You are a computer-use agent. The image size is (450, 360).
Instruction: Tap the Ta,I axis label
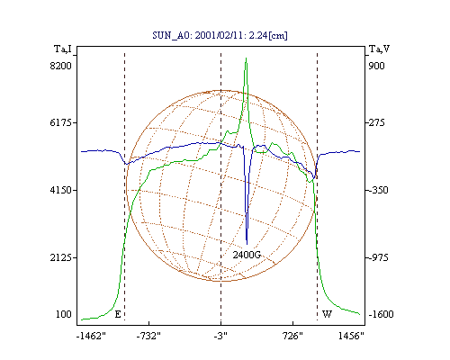tap(63, 49)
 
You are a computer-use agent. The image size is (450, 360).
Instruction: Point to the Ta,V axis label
tap(380, 49)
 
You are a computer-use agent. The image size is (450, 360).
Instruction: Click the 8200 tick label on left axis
tap(61, 66)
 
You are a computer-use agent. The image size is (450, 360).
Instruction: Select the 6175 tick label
tap(61, 122)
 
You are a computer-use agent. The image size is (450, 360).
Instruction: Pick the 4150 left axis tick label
tap(61, 190)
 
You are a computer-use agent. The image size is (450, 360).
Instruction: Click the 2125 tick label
tap(61, 257)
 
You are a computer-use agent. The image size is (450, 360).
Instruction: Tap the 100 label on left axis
tap(64, 314)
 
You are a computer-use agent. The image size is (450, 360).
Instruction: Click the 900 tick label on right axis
tap(376, 66)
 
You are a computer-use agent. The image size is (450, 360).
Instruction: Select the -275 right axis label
tap(376, 122)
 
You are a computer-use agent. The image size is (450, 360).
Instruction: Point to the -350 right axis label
tap(378, 190)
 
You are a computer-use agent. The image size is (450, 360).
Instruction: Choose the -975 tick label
tap(378, 257)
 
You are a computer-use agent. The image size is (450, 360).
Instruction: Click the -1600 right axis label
tap(381, 314)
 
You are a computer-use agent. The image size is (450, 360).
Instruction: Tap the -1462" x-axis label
tap(91, 337)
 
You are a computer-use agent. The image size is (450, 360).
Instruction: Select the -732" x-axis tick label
tap(148, 337)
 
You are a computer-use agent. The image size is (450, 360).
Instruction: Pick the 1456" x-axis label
tap(351, 337)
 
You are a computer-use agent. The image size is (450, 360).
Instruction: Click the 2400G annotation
tap(247, 255)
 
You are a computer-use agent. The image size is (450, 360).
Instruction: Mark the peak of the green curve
tap(246, 58)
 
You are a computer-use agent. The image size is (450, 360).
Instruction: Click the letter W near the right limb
tap(327, 314)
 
